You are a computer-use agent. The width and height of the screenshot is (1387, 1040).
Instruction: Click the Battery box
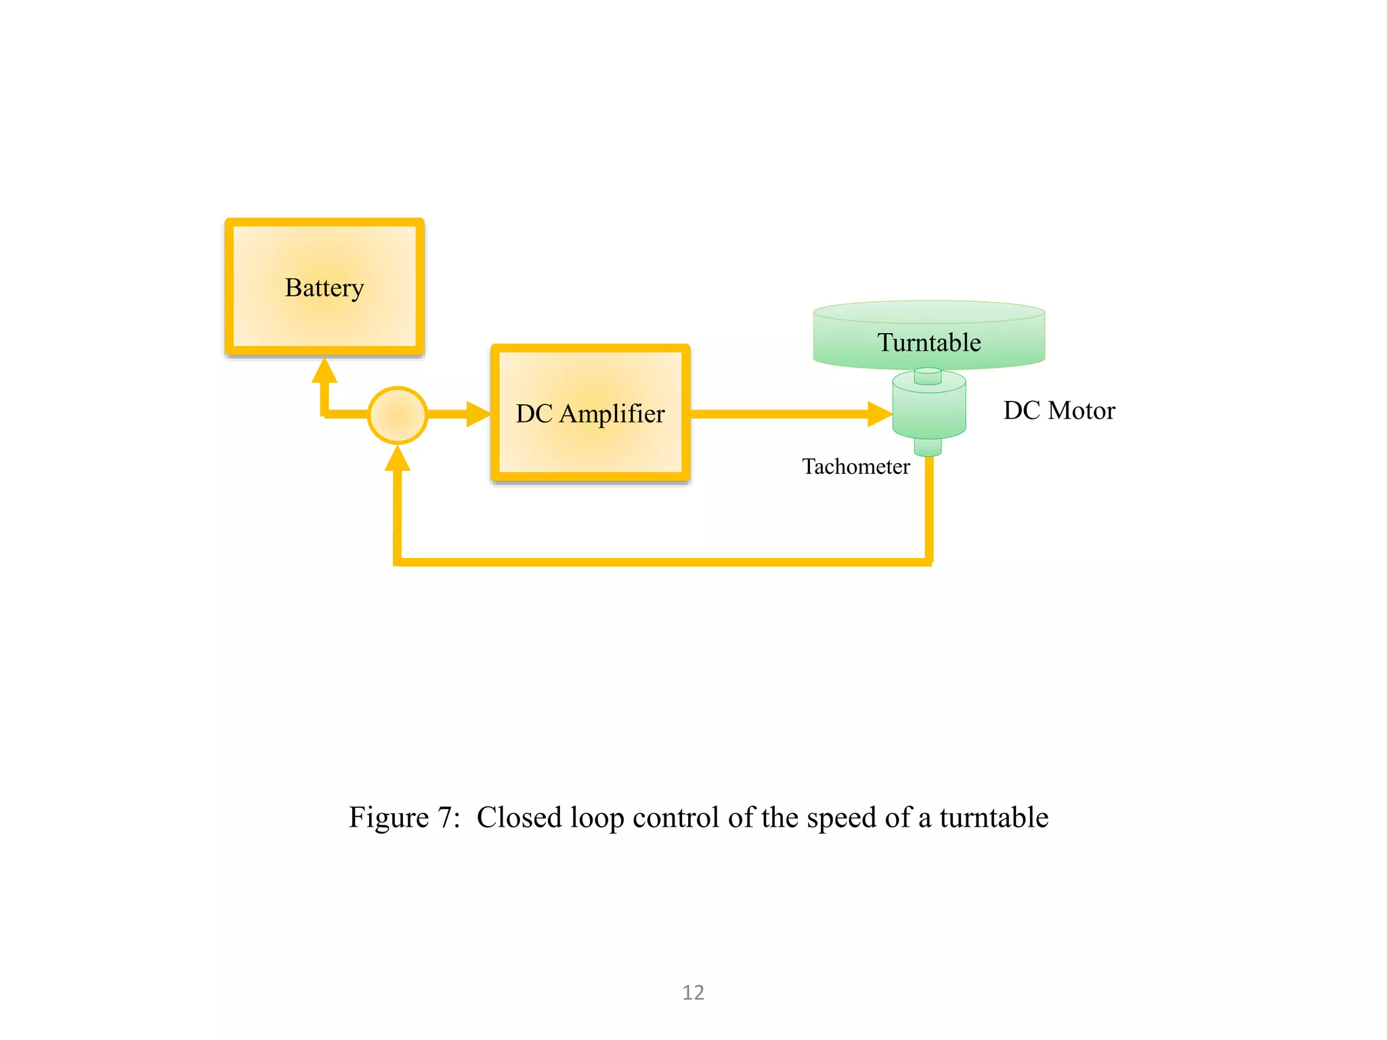[x=324, y=287]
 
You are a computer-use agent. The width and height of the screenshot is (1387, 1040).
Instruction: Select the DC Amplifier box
[x=590, y=413]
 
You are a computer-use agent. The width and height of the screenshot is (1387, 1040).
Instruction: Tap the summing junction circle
[x=398, y=415]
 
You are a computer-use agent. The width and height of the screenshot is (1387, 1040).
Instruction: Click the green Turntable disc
[x=929, y=335]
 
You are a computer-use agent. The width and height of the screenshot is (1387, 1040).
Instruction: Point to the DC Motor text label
[x=1059, y=410]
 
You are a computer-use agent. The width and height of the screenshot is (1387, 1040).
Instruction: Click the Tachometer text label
[x=855, y=467]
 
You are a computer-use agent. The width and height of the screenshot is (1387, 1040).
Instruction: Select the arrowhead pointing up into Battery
[x=324, y=371]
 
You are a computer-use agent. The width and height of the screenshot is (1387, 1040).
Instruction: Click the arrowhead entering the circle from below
[x=398, y=459]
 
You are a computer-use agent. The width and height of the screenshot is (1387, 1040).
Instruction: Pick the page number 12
[x=693, y=992]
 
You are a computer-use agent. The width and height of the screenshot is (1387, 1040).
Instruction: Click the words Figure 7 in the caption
[x=404, y=817]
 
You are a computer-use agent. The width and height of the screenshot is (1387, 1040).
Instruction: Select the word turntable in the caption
[x=994, y=817]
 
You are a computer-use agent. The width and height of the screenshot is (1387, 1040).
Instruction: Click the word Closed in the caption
[x=519, y=817]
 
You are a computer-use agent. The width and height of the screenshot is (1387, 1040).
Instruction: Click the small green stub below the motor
[x=928, y=447]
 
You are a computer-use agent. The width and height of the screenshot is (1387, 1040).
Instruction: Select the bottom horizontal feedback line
[x=664, y=561]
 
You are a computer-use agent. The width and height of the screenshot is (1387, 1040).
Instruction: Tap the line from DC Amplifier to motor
[x=779, y=414]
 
